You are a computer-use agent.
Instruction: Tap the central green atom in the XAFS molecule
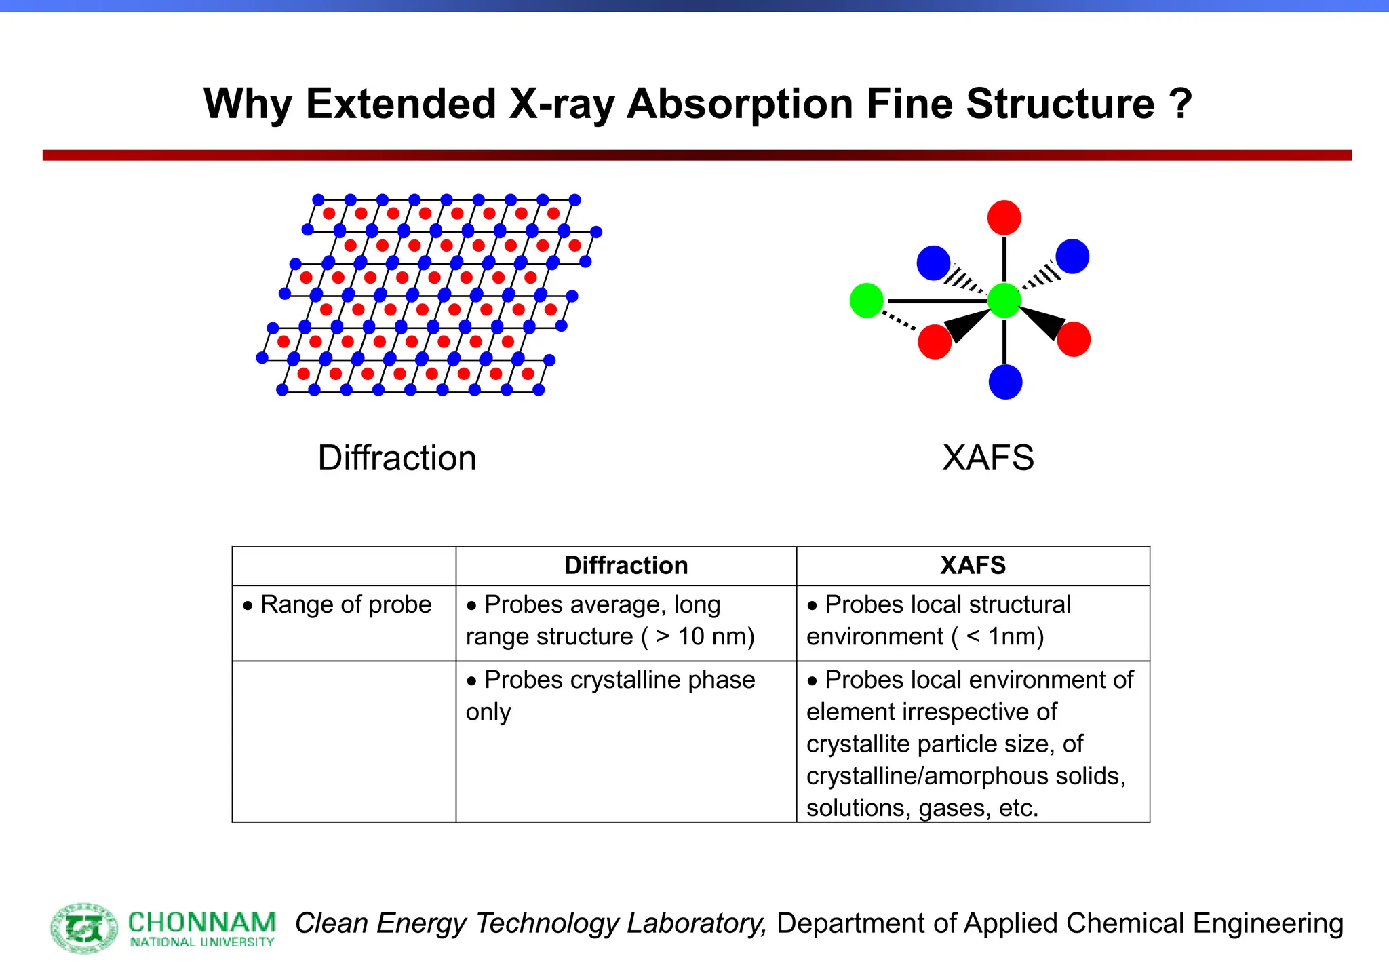click(x=1004, y=301)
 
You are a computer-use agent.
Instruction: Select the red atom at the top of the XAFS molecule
click(x=1004, y=218)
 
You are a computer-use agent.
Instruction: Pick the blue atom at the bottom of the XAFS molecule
click(x=1005, y=382)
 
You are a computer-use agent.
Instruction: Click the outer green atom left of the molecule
click(x=867, y=301)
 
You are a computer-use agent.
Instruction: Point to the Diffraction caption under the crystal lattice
click(x=397, y=458)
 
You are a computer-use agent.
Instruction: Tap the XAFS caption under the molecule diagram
click(x=988, y=458)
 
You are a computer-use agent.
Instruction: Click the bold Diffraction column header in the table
click(x=626, y=566)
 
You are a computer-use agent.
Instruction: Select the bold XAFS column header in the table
click(x=973, y=566)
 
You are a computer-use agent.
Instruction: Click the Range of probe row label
click(x=345, y=604)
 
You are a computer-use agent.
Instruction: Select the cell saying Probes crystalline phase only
click(x=610, y=695)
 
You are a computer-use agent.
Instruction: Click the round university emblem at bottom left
click(x=85, y=927)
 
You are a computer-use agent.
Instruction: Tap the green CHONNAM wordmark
click(x=202, y=923)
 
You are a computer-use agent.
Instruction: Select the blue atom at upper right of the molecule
click(x=1072, y=256)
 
